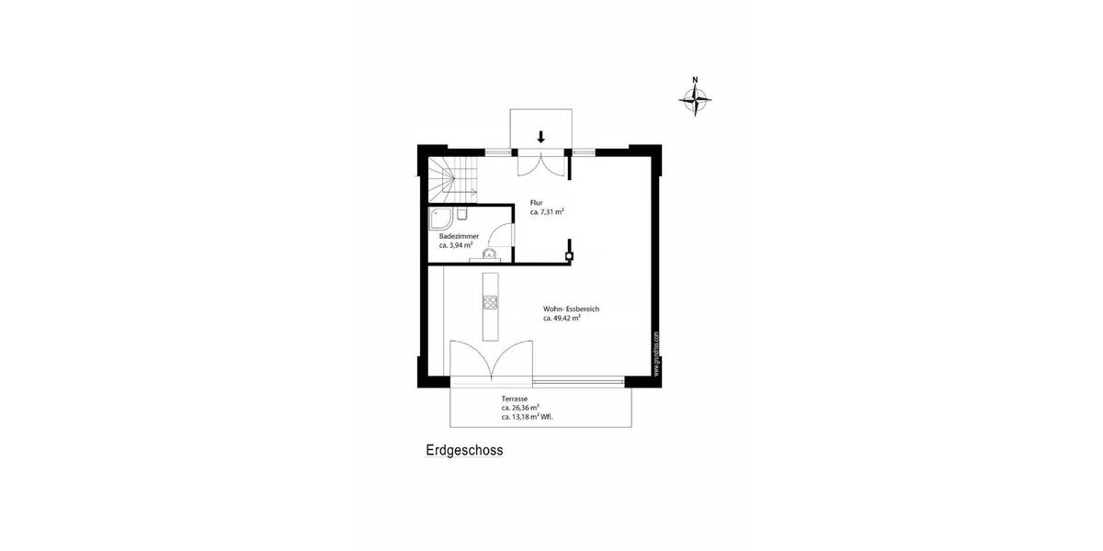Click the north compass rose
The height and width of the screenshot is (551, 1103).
coord(697,96)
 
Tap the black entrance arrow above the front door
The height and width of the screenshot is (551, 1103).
coord(540,137)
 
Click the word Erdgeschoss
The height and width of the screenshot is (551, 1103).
coord(464,451)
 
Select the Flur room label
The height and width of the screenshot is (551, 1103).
coord(537,202)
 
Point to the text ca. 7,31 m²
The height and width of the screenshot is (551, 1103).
coord(547,211)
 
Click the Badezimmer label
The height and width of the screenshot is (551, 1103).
coord(459,236)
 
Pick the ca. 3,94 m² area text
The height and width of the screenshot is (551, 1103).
coord(456,245)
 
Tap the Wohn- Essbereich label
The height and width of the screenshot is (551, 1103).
coord(571,309)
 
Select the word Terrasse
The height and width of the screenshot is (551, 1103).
coord(514,399)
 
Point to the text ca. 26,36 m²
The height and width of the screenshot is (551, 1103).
coord(520,407)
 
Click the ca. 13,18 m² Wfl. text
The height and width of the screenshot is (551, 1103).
coord(527,416)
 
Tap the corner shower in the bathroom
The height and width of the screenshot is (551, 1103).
coord(440,217)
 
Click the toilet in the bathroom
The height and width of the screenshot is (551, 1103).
coord(463,215)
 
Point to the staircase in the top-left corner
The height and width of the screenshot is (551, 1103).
coord(450,179)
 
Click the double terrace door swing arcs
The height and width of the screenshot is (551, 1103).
coord(493,360)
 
